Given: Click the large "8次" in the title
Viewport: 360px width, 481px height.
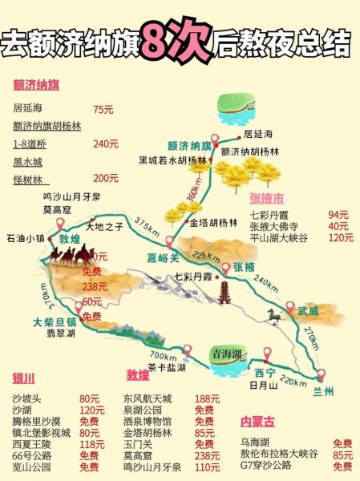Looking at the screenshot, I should (x=175, y=42).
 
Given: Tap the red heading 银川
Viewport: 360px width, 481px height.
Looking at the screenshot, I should (x=24, y=379).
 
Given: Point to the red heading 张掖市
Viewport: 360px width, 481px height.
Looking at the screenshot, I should (x=266, y=198).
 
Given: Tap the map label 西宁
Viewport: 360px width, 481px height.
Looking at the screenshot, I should (x=265, y=373).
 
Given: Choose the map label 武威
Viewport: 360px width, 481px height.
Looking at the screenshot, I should (x=308, y=309).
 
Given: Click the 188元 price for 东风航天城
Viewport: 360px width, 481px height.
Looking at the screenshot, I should (x=207, y=398).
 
